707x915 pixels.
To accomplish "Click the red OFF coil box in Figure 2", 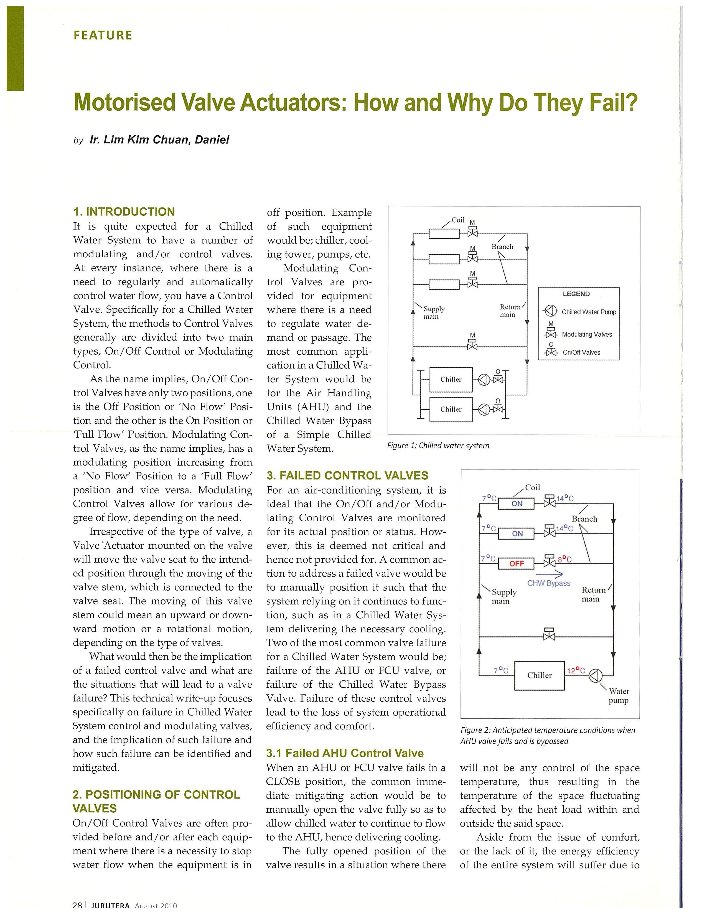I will pyautogui.click(x=517, y=563).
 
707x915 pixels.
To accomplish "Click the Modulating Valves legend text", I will pyautogui.click(x=586, y=334).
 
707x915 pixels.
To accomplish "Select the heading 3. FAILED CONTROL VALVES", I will pyautogui.click(x=347, y=476).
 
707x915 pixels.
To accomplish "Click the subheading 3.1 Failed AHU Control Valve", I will pyautogui.click(x=345, y=753).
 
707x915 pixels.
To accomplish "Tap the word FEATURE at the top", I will pyautogui.click(x=103, y=35).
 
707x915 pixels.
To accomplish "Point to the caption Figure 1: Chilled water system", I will pyautogui.click(x=438, y=445).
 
